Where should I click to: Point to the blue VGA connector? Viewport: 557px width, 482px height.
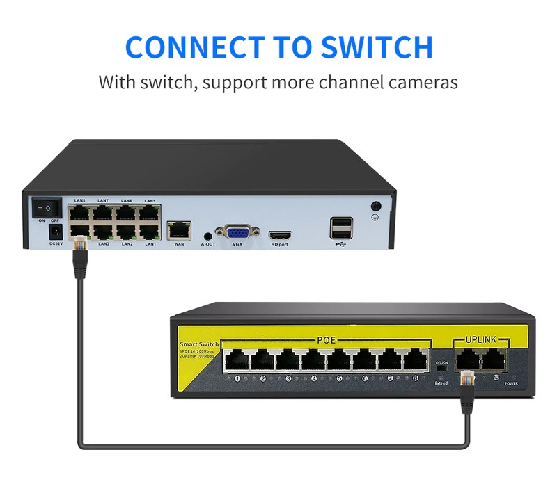click(x=237, y=232)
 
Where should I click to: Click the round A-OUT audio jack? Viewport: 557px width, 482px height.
click(x=207, y=236)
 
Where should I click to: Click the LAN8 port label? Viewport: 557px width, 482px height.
click(x=79, y=201)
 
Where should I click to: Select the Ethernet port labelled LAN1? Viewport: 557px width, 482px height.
click(x=149, y=230)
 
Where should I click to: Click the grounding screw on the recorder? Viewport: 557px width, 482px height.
click(x=377, y=207)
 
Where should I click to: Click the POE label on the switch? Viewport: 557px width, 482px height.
click(x=327, y=342)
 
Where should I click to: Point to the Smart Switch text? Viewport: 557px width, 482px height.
click(x=199, y=344)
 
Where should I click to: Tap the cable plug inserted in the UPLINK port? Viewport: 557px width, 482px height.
click(x=469, y=379)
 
